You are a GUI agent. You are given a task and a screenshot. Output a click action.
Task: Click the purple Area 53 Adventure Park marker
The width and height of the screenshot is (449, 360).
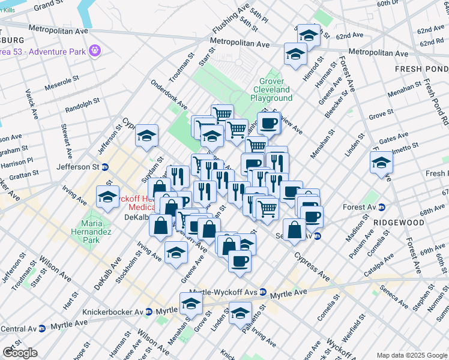click(94, 50)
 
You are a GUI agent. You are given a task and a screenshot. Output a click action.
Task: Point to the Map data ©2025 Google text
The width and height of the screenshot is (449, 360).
click(412, 355)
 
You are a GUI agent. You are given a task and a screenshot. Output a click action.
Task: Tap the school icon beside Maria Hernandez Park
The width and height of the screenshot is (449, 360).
click(107, 196)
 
